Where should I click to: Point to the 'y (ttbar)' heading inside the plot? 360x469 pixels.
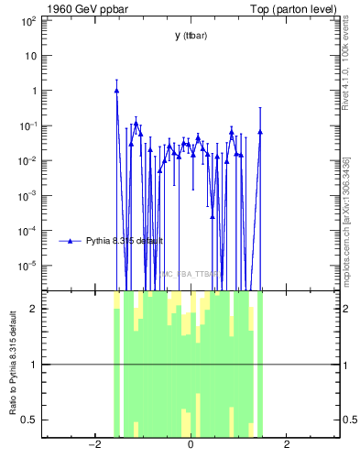pos(190,35)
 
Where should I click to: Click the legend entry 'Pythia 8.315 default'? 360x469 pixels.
pos(124,241)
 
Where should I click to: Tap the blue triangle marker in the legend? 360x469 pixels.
pos(69,241)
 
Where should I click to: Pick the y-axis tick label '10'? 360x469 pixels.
pos(30,55)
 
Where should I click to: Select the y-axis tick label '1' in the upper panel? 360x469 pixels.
pos(33,91)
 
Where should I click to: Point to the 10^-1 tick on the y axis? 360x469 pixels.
pos(27,125)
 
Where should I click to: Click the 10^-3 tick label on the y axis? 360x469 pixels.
pos(27,195)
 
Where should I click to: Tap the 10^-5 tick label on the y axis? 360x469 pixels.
pos(27,266)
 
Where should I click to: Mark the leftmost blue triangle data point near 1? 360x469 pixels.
pos(116,90)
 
